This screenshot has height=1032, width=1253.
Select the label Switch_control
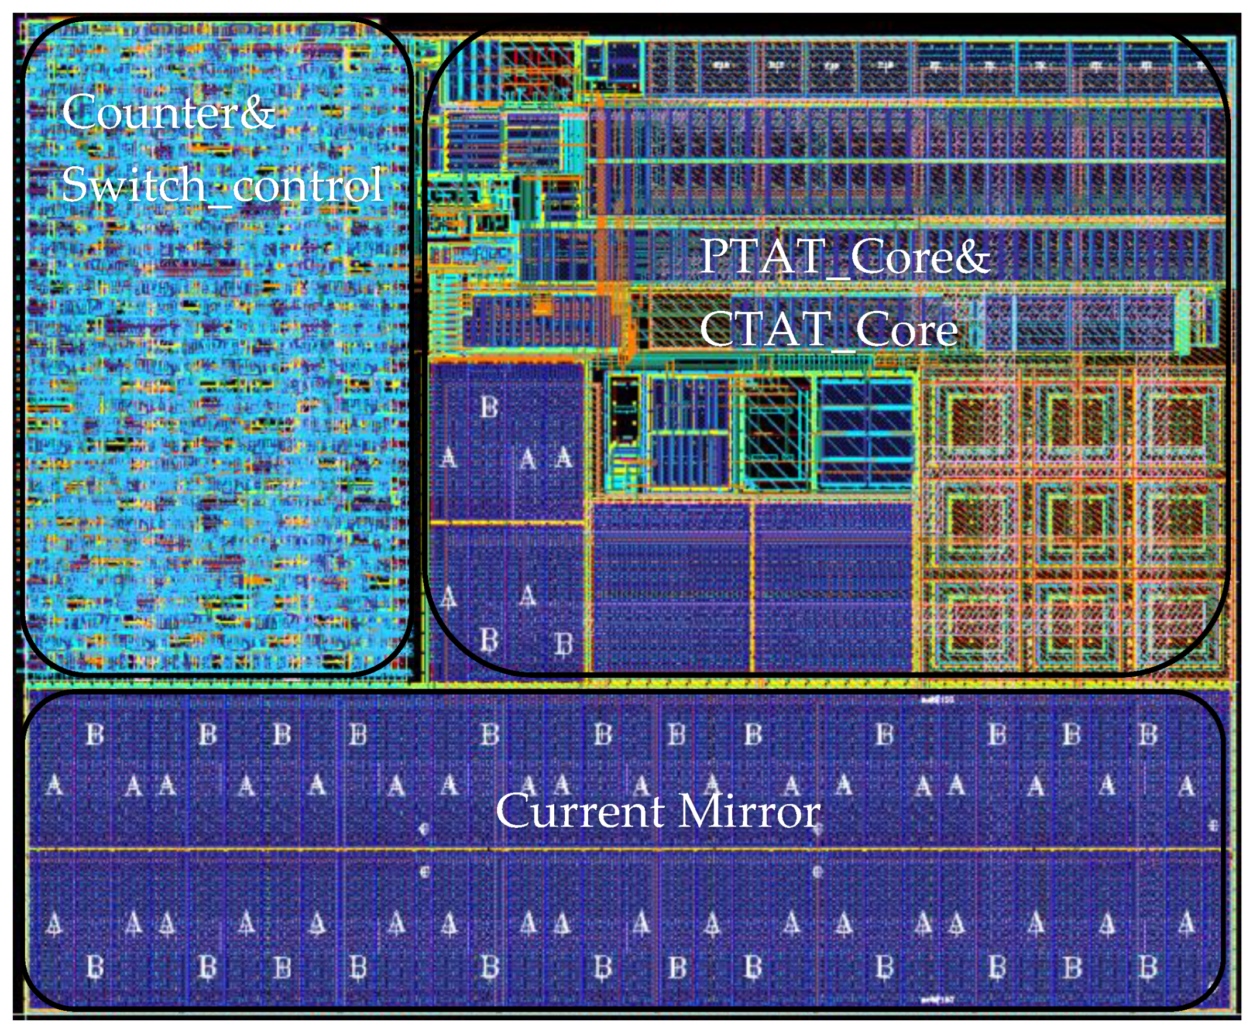pos(222,185)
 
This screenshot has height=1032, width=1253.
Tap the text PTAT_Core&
pos(845,257)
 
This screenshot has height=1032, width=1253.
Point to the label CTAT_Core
pos(828,330)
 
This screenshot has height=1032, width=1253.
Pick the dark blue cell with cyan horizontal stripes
pos(866,434)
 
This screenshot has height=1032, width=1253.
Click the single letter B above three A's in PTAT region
pos(489,408)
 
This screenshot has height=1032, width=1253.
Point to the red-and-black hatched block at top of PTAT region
pos(538,66)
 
